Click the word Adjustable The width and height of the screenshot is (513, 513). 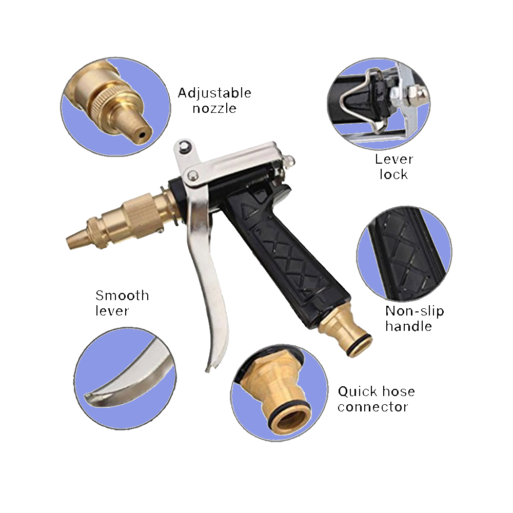pos(214,93)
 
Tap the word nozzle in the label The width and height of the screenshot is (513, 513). pos(214,109)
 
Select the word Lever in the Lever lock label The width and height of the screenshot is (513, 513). pos(394,160)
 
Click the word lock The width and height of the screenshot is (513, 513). pos(393,174)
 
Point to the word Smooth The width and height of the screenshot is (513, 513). pos(122,295)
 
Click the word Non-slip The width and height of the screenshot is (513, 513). pos(415,311)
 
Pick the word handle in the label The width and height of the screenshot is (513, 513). pos(408,326)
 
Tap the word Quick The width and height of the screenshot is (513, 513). pos(358,391)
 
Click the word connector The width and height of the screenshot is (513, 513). pos(372,407)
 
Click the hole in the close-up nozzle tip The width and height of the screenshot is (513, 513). pos(142,134)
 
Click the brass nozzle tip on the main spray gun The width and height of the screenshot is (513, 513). pos(77,240)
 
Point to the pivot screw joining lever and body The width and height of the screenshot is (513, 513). pos(192,175)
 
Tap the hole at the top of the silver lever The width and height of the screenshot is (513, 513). pos(185,147)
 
